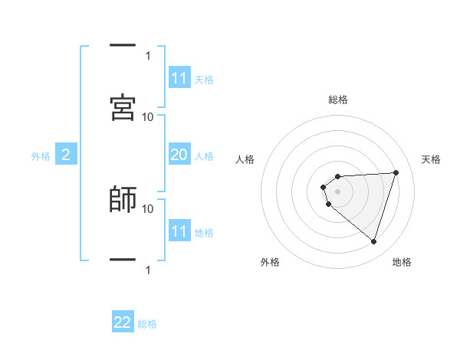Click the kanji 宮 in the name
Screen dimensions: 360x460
coord(123,107)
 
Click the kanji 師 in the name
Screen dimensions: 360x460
coord(123,199)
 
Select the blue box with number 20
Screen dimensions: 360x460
coord(179,155)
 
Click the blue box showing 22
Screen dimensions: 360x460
coord(123,322)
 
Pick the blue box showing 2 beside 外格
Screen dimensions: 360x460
coord(66,155)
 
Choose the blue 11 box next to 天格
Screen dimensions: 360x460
coord(179,78)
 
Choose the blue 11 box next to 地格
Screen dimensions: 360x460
coord(179,232)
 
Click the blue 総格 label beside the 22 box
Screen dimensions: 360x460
coord(147,323)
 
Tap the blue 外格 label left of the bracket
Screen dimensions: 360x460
coord(41,156)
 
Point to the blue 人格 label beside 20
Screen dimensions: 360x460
coord(204,155)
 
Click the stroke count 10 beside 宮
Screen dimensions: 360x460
coord(148,116)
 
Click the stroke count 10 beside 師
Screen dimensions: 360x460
coord(148,208)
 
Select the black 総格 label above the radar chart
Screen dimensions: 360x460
coord(338,100)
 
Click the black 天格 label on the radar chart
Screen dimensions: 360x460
coord(432,159)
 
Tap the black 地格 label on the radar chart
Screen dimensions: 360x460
coord(402,262)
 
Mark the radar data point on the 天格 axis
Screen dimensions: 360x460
coord(396,172)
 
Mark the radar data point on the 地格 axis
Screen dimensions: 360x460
coord(373,241)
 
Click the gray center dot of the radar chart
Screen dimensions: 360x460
coord(338,191)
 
